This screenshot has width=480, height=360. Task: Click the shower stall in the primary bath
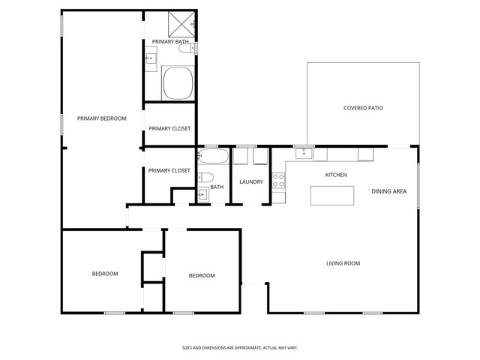[x=181, y=23]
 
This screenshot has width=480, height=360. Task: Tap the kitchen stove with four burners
[x=277, y=180]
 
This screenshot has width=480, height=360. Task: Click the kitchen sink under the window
[x=304, y=154]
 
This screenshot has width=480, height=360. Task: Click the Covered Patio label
[x=363, y=108]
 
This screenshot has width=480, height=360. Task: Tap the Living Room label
[x=343, y=263]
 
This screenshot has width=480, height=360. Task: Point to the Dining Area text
[x=388, y=191]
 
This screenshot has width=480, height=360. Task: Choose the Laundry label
[x=250, y=182]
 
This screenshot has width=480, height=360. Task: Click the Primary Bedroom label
[x=101, y=118]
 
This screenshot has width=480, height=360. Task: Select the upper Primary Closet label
[x=169, y=128]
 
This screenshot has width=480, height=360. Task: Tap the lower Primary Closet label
[x=169, y=170]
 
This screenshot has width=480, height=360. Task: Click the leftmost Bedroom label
[x=105, y=274]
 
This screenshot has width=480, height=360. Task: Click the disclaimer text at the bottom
[x=240, y=347]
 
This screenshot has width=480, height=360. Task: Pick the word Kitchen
[x=335, y=175]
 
